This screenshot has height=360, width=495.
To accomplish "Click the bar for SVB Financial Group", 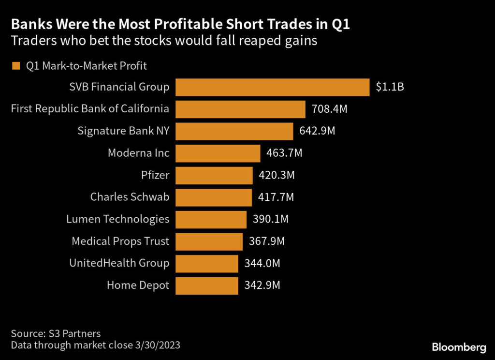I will click(x=272, y=87).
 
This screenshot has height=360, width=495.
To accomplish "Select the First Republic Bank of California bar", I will click(x=240, y=109).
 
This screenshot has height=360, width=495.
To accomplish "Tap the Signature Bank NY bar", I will click(x=234, y=131).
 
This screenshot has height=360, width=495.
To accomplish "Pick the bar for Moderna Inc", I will click(x=218, y=153).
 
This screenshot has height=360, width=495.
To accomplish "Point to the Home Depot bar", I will click(x=206, y=285).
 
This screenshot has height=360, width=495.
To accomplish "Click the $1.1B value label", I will click(x=390, y=87).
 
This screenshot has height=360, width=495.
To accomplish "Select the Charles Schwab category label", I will click(x=130, y=197).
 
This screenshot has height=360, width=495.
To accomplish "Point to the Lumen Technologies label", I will click(x=117, y=219).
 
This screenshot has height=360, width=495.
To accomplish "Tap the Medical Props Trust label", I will click(x=120, y=241).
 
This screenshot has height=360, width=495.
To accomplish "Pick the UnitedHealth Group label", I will click(x=119, y=263).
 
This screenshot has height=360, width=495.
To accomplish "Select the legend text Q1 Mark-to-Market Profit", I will click(x=87, y=66).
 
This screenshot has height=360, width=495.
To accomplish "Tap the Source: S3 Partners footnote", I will click(x=56, y=333).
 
